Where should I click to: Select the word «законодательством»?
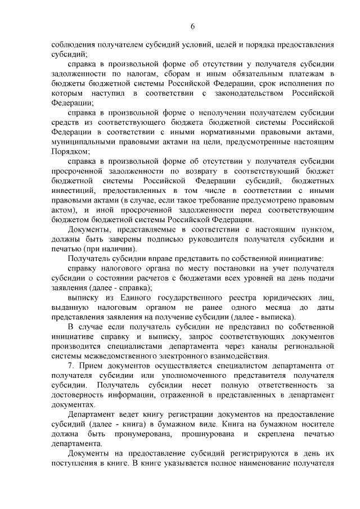tap(258, 92)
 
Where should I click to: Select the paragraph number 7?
tap(70, 366)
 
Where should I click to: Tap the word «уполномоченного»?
tap(175, 376)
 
